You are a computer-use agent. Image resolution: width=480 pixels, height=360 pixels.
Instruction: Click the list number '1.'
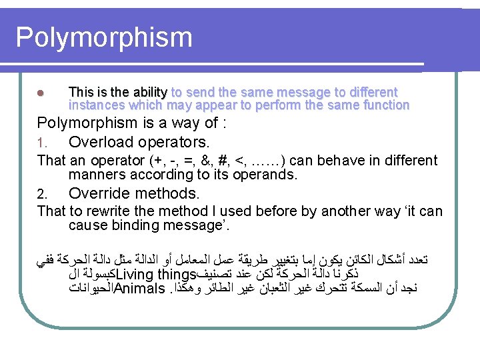[x=43, y=143]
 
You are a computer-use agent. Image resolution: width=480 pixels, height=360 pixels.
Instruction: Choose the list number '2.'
[x=43, y=195]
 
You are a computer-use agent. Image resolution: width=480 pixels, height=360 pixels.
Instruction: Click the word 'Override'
[x=100, y=194]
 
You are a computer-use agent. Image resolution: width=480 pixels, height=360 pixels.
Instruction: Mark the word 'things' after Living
[x=175, y=275]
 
